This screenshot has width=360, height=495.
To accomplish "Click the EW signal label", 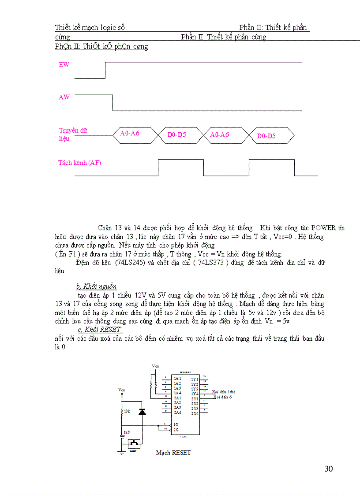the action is [64, 65].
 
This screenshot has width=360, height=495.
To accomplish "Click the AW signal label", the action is [64, 97].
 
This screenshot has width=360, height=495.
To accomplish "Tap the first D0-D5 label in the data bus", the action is [176, 135].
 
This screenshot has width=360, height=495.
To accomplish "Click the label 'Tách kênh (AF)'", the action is [80, 163].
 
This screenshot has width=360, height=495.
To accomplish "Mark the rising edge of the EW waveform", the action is [105, 70].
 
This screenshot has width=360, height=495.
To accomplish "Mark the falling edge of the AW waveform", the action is [113, 102].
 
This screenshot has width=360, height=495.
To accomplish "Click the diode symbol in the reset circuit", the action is [142, 412].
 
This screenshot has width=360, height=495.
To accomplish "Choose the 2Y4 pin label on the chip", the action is [195, 413].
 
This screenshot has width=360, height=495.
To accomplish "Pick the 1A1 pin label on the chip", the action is [177, 379].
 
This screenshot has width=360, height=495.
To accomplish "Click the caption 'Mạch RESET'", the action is [173, 453].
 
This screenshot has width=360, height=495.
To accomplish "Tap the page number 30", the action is [329, 469].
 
